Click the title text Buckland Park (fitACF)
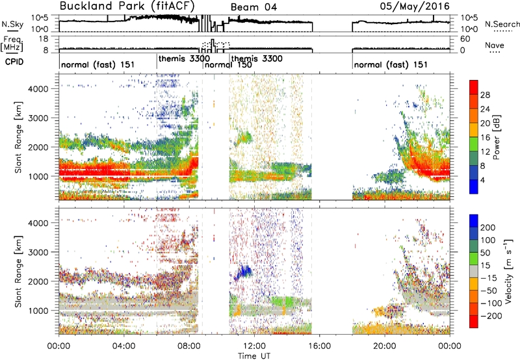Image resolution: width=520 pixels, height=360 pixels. (x=127, y=6)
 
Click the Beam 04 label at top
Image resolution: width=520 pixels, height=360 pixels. (x=253, y=7)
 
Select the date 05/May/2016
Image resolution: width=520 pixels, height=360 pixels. (x=415, y=6)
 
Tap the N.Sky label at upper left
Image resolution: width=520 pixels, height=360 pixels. (x=12, y=24)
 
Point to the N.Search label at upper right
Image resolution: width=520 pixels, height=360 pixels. (x=502, y=24)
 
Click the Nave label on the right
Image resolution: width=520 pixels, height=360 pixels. (x=495, y=45)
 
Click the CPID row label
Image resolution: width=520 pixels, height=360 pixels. (x=14, y=62)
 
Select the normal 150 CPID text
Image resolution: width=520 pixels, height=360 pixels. (x=228, y=64)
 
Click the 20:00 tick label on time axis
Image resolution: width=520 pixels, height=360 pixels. (x=384, y=346)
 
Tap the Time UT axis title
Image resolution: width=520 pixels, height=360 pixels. (x=254, y=355)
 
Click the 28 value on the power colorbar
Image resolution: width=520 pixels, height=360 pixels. (x=485, y=95)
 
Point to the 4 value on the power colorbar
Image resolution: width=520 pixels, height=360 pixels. (x=483, y=180)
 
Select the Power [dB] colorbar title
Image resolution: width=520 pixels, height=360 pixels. (x=496, y=137)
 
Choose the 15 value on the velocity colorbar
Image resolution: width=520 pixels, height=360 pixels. (x=485, y=266)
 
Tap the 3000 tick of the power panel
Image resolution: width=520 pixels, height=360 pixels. (x=39, y=118)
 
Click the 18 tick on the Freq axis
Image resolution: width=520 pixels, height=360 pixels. (x=44, y=39)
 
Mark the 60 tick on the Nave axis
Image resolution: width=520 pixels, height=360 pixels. (x=465, y=39)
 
